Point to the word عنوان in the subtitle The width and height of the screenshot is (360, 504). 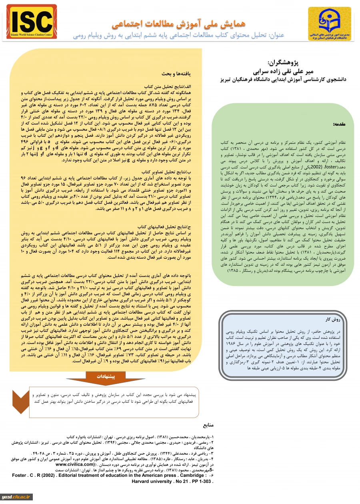(x=276, y=35)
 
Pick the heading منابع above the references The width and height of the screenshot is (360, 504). (x=208, y=424)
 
